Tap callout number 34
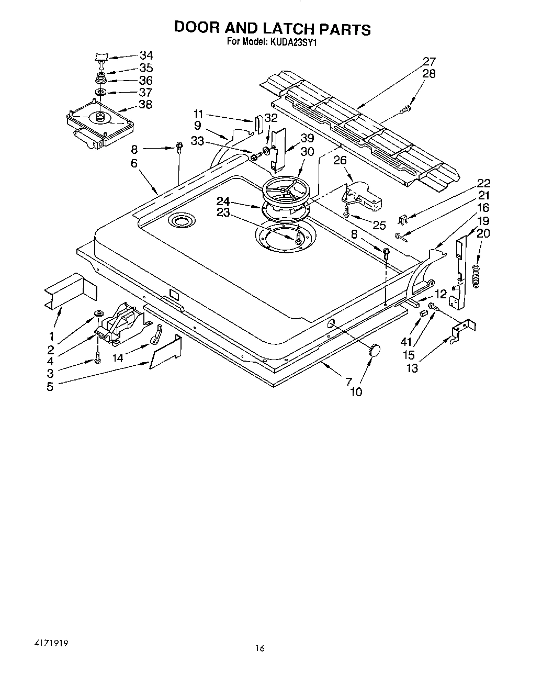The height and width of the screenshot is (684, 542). click(x=146, y=55)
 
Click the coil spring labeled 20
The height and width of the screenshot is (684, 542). click(x=475, y=275)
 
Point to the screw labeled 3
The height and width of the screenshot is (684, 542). click(x=97, y=358)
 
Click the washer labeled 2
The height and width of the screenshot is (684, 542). click(x=97, y=313)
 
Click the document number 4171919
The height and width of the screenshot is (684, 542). click(x=44, y=641)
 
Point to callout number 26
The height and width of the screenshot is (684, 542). click(x=340, y=161)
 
